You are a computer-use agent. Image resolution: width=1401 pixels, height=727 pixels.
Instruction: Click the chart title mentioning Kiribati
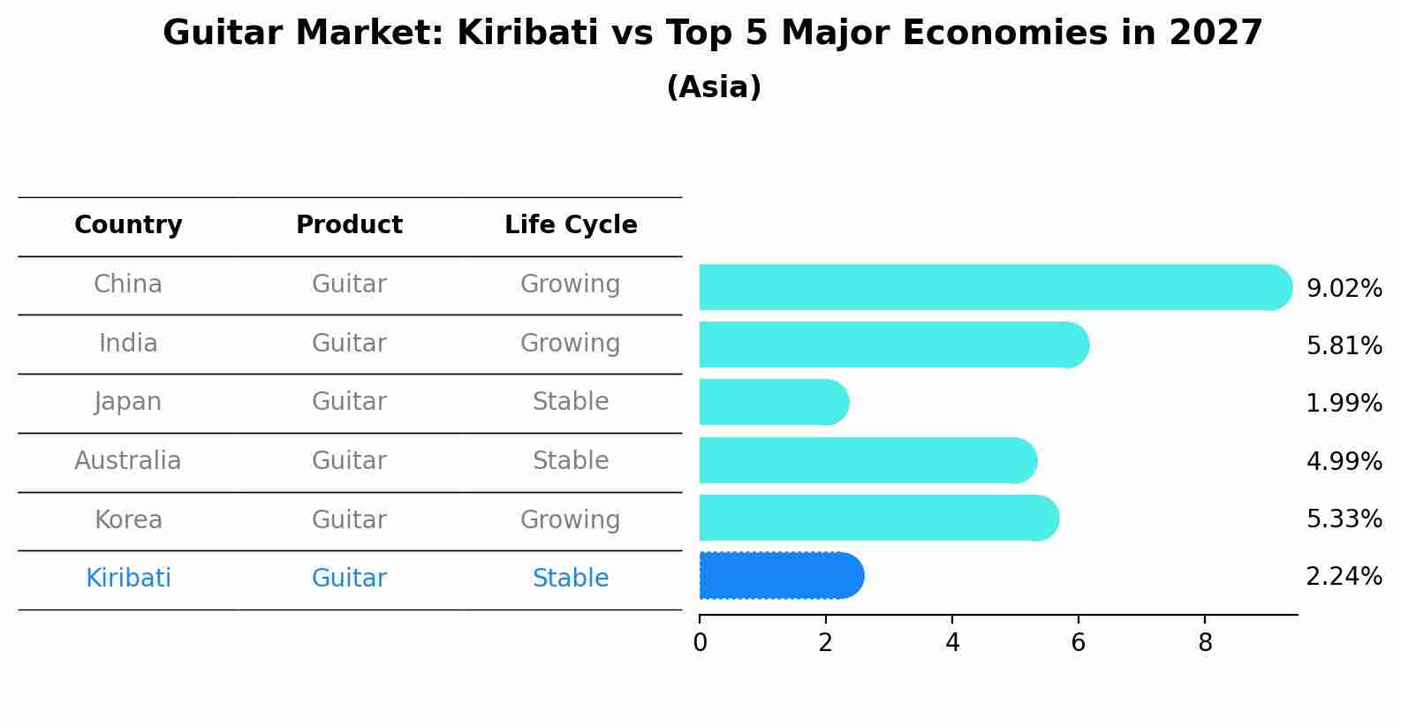pos(712,34)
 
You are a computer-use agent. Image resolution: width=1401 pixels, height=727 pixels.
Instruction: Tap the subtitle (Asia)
pos(714,87)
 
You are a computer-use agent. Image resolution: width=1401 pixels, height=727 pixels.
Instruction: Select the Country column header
pos(128,225)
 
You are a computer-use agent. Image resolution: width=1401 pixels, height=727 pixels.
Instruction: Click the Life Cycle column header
pos(571,225)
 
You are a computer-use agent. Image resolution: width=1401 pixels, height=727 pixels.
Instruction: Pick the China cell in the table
pos(128,284)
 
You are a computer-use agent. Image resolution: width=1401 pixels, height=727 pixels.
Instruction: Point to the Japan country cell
pos(128,402)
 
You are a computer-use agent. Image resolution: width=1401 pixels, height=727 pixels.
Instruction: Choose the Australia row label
pos(128,461)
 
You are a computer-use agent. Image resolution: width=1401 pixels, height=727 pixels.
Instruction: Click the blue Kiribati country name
pos(128,579)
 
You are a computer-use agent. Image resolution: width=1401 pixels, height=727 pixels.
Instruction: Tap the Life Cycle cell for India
pos(571,344)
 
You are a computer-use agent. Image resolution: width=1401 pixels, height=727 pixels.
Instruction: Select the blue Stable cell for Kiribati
pos(571,579)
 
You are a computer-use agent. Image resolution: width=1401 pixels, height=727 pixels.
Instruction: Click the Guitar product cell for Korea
pos(349,520)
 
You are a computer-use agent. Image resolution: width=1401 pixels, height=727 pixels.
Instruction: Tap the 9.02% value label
pos(1344,289)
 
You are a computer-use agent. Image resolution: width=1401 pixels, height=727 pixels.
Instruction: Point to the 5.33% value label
pos(1344,519)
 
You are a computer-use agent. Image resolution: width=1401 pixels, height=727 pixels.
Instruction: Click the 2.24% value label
pos(1344,577)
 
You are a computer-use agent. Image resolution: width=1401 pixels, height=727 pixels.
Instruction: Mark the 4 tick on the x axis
pos(952,643)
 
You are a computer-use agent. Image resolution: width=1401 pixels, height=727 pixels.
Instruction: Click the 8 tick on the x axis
pos(1205,643)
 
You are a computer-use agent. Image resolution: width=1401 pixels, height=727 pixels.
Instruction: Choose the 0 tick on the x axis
pos(700,643)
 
